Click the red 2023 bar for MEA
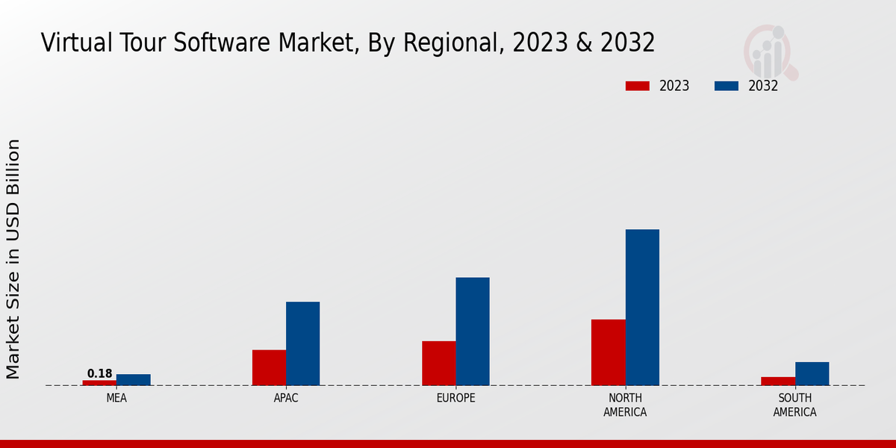(x=99, y=382)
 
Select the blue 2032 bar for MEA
(x=133, y=379)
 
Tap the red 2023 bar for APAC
(x=269, y=367)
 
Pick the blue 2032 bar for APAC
(x=302, y=343)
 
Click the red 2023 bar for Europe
(x=438, y=363)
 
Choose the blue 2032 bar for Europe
(x=473, y=332)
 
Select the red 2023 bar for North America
(x=608, y=352)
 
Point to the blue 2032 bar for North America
(x=642, y=307)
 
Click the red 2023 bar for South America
(x=778, y=381)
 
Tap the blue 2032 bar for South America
(x=812, y=373)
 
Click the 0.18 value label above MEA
(x=99, y=373)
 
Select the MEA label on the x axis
(x=116, y=398)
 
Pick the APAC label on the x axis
(x=286, y=398)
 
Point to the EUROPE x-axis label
(x=455, y=398)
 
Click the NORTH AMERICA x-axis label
(x=625, y=405)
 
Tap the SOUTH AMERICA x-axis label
(x=794, y=405)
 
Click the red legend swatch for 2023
(x=638, y=86)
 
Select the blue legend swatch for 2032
(x=727, y=86)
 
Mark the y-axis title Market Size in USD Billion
(x=13, y=258)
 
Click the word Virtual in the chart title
(x=73, y=43)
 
